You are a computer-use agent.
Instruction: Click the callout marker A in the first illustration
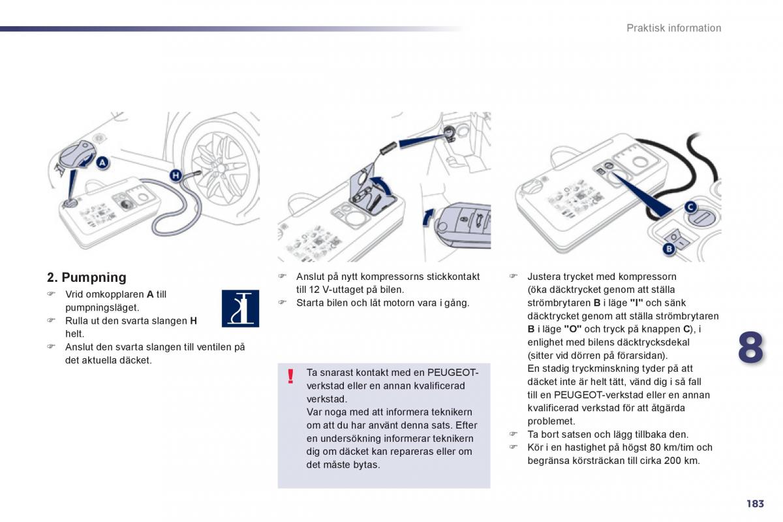[103, 162]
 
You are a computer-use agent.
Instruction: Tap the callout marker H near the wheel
[175, 174]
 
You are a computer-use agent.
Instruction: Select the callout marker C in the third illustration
[690, 207]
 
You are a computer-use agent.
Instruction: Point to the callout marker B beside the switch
[668, 249]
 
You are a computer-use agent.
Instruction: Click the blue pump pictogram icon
[240, 309]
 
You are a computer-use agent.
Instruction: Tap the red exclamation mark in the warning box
[291, 376]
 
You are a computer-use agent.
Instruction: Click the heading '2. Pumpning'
[87, 277]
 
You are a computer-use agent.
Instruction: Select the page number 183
[754, 503]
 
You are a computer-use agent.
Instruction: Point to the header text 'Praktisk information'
[673, 28]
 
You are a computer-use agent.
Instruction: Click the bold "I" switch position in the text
[636, 303]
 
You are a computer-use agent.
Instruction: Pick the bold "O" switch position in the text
[573, 329]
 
